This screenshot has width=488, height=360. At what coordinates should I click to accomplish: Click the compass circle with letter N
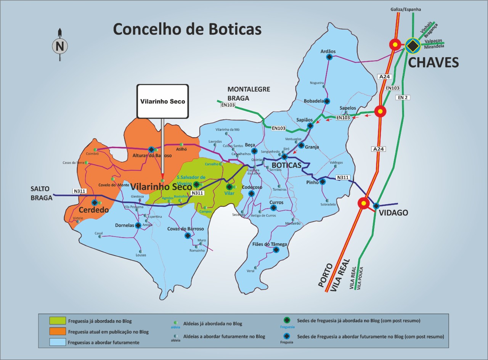tap(60, 46)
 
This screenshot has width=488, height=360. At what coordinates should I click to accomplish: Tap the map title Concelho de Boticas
tap(187, 29)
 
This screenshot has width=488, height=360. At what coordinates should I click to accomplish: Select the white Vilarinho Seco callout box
tap(162, 101)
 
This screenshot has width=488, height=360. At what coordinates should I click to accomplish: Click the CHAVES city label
tap(433, 62)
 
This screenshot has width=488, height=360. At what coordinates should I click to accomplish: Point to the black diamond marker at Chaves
tap(412, 45)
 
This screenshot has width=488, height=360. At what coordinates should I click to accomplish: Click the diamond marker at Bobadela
tap(327, 101)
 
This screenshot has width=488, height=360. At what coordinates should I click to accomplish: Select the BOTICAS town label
tap(286, 165)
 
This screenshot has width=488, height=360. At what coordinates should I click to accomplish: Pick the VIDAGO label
tap(393, 213)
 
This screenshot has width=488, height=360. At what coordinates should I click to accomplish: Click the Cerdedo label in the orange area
tap(94, 210)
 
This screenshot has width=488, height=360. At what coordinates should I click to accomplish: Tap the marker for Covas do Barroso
tap(188, 236)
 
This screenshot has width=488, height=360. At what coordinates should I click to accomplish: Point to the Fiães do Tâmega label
tap(270, 244)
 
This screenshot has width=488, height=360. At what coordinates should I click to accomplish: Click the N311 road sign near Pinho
tap(343, 177)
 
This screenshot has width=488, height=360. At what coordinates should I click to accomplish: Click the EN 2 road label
tap(403, 98)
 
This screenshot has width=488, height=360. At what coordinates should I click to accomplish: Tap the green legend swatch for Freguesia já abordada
tap(58, 321)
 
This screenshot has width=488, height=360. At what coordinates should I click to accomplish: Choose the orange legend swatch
tap(58, 331)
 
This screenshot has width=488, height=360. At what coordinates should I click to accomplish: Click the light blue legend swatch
tap(58, 342)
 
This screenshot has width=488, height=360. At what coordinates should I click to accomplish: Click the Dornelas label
tap(125, 225)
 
